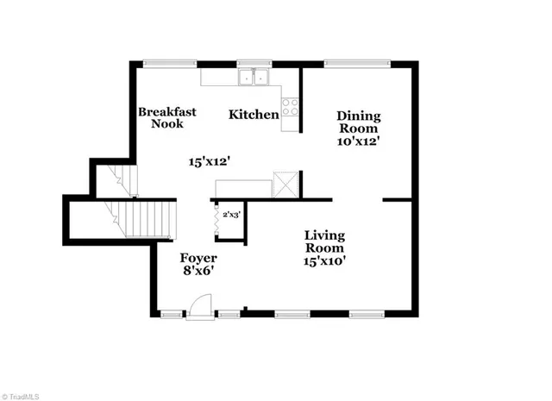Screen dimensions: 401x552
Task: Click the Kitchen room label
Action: (x=254, y=114)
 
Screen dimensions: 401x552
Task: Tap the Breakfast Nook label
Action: (x=167, y=117)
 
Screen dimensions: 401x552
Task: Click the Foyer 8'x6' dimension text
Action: (x=198, y=271)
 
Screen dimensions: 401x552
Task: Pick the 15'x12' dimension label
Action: (x=210, y=160)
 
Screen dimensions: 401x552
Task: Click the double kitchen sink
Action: (x=254, y=78)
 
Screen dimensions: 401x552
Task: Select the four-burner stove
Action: (x=291, y=108)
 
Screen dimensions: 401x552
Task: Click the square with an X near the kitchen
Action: (x=285, y=185)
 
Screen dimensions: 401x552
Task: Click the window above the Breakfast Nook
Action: (x=169, y=62)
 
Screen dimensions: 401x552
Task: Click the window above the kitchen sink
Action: (x=254, y=62)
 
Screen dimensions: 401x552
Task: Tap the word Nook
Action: (x=168, y=123)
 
